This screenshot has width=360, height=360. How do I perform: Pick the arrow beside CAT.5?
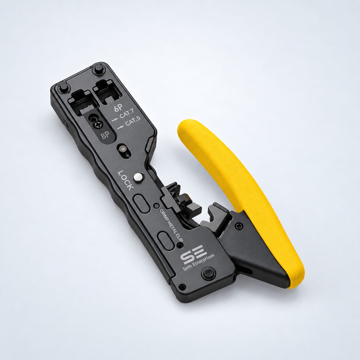(x=121, y=127)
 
